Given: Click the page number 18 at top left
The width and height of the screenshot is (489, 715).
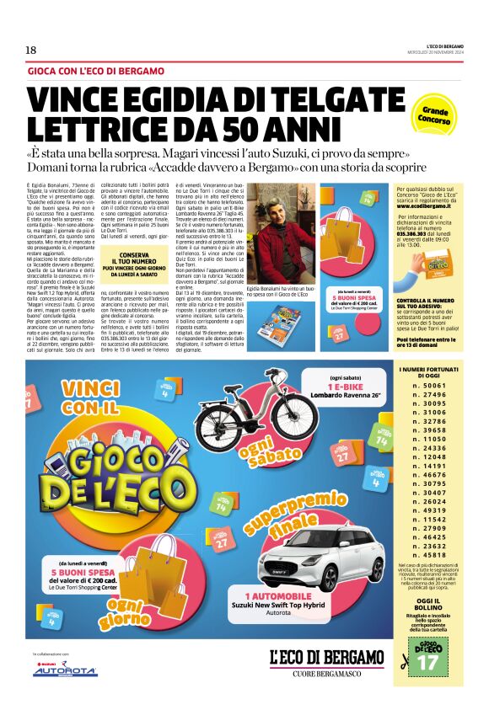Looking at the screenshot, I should pos(30,51).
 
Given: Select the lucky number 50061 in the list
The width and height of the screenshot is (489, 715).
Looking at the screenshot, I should pos(429,408).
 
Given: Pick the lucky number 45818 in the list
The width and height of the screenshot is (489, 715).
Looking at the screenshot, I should pos(429,555).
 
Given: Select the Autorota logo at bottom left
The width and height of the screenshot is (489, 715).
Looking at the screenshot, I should pos(64,670).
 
